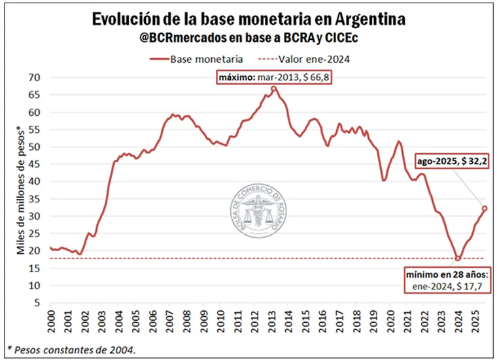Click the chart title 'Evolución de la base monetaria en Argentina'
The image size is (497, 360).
(248, 19)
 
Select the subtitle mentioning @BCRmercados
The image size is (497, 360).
(248, 39)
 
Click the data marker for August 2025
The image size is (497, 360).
(485, 209)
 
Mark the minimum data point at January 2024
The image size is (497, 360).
(458, 259)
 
